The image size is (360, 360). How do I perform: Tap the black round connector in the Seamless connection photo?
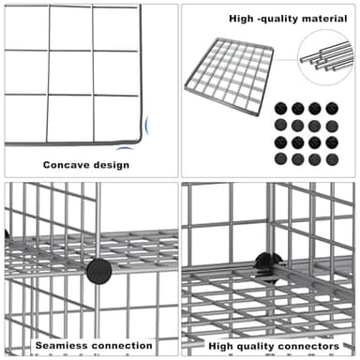[x=98, y=271]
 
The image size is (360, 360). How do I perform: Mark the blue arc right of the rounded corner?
[x=147, y=126]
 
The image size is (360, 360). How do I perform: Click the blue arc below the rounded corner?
[x=125, y=148]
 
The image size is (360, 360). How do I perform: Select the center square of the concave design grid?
[x=70, y=72]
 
